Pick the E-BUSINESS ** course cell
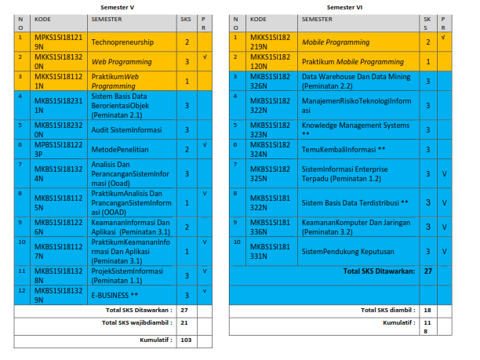tap(113, 296)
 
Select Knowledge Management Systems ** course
tap(355, 129)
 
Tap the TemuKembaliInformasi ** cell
tap(344, 148)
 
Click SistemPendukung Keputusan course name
tap(348, 251)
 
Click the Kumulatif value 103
tap(187, 341)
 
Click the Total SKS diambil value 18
tap(428, 310)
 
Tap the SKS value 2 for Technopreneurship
tap(187, 42)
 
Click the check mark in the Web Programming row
tap(204, 57)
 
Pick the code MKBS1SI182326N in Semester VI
tap(271, 81)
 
